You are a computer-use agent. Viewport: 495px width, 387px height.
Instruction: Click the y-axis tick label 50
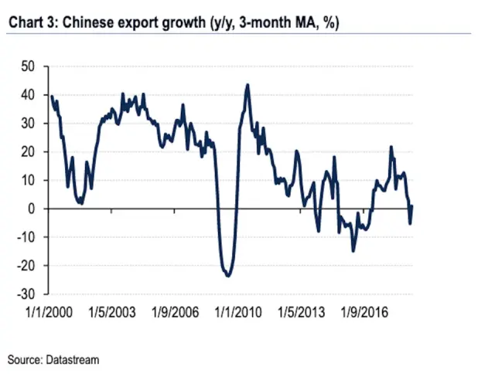(27, 67)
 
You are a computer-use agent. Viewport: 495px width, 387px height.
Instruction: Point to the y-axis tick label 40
(27, 96)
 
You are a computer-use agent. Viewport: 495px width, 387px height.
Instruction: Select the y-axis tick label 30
(27, 124)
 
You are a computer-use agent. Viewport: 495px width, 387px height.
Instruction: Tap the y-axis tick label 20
(27, 152)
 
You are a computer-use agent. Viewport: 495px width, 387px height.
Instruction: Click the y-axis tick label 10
(27, 181)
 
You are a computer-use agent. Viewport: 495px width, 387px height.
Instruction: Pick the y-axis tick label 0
(31, 209)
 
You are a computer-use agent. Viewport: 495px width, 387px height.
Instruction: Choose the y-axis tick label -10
(25, 237)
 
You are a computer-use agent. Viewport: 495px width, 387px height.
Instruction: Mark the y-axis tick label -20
(25, 266)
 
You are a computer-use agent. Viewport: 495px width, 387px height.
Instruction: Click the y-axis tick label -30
(25, 294)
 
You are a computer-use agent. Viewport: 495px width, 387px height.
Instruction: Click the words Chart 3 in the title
(31, 23)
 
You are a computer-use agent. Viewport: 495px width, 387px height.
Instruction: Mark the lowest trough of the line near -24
(228, 276)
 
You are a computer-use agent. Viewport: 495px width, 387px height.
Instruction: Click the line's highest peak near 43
(247, 85)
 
